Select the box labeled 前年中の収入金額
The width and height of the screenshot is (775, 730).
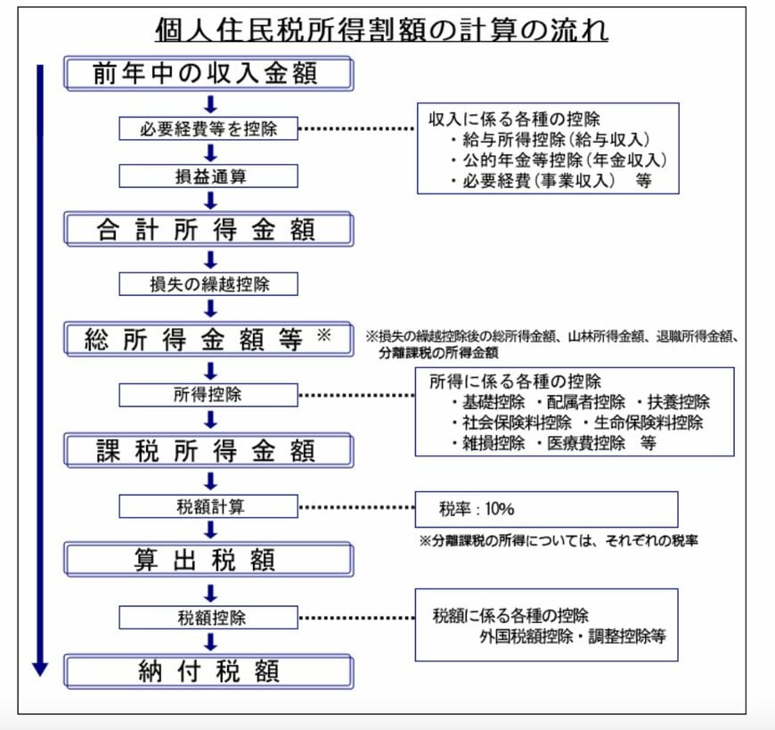pos(208,73)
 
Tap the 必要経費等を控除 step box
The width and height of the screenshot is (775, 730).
pos(208,128)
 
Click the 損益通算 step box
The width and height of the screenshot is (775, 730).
pos(208,176)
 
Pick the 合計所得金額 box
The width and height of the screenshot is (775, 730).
pos(208,229)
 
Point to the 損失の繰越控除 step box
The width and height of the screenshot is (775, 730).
pos(208,284)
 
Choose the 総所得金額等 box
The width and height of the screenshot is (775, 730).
pos(208,339)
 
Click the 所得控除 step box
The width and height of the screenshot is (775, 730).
pos(208,394)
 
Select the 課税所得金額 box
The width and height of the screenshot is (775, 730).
pos(208,450)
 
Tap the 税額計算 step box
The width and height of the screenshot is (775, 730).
pos(208,507)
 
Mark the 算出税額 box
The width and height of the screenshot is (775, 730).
pos(208,560)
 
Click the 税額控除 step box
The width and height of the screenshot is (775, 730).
pos(208,617)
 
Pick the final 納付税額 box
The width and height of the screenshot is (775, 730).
pos(208,670)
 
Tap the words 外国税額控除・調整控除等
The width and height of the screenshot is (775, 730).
pos(571,637)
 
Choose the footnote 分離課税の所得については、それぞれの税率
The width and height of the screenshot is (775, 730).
pos(558,540)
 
